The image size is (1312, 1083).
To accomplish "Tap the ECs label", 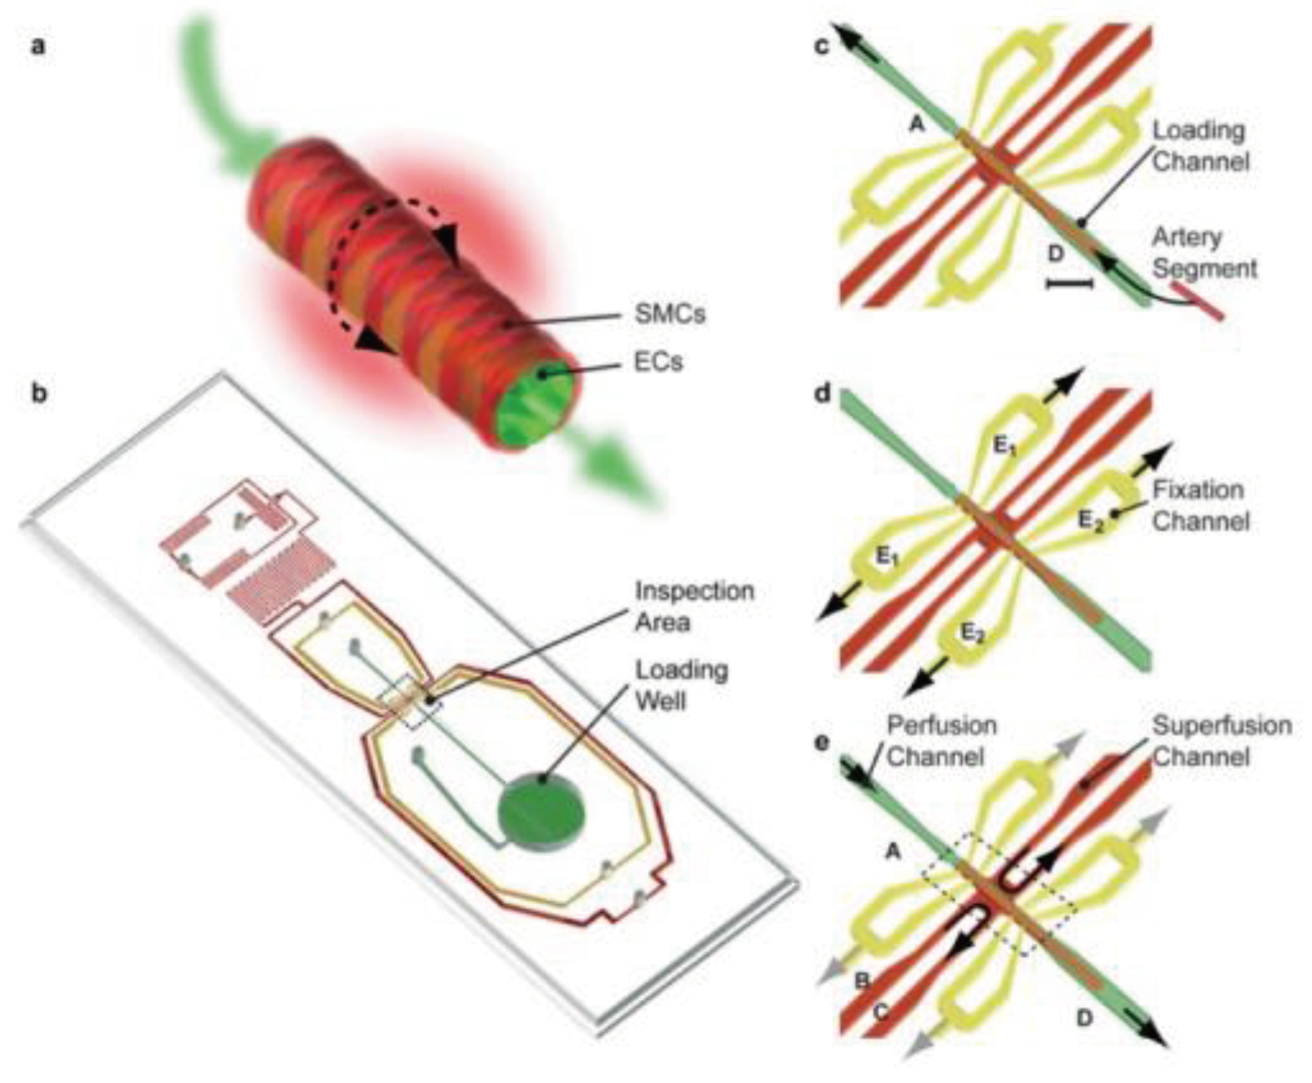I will pyautogui.click(x=658, y=362).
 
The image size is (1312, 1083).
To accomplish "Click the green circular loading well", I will pyautogui.click(x=542, y=810).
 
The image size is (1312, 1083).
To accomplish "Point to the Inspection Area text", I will pyautogui.click(x=694, y=606).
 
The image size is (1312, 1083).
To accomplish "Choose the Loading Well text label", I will pyautogui.click(x=681, y=685).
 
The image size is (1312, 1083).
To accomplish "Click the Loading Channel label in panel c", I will pyautogui.click(x=1200, y=145).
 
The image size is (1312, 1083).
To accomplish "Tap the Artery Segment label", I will pyautogui.click(x=1204, y=252).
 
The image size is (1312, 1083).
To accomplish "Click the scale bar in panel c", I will pyautogui.click(x=1070, y=283).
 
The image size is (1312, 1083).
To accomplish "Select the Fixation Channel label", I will pyautogui.click(x=1200, y=505).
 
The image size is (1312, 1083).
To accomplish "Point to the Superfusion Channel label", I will pyautogui.click(x=1221, y=740).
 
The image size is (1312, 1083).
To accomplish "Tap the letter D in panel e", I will pyautogui.click(x=1083, y=1016).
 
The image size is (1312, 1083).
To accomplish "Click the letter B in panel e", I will pyautogui.click(x=862, y=982).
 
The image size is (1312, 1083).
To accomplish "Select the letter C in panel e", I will pyautogui.click(x=881, y=1012).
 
